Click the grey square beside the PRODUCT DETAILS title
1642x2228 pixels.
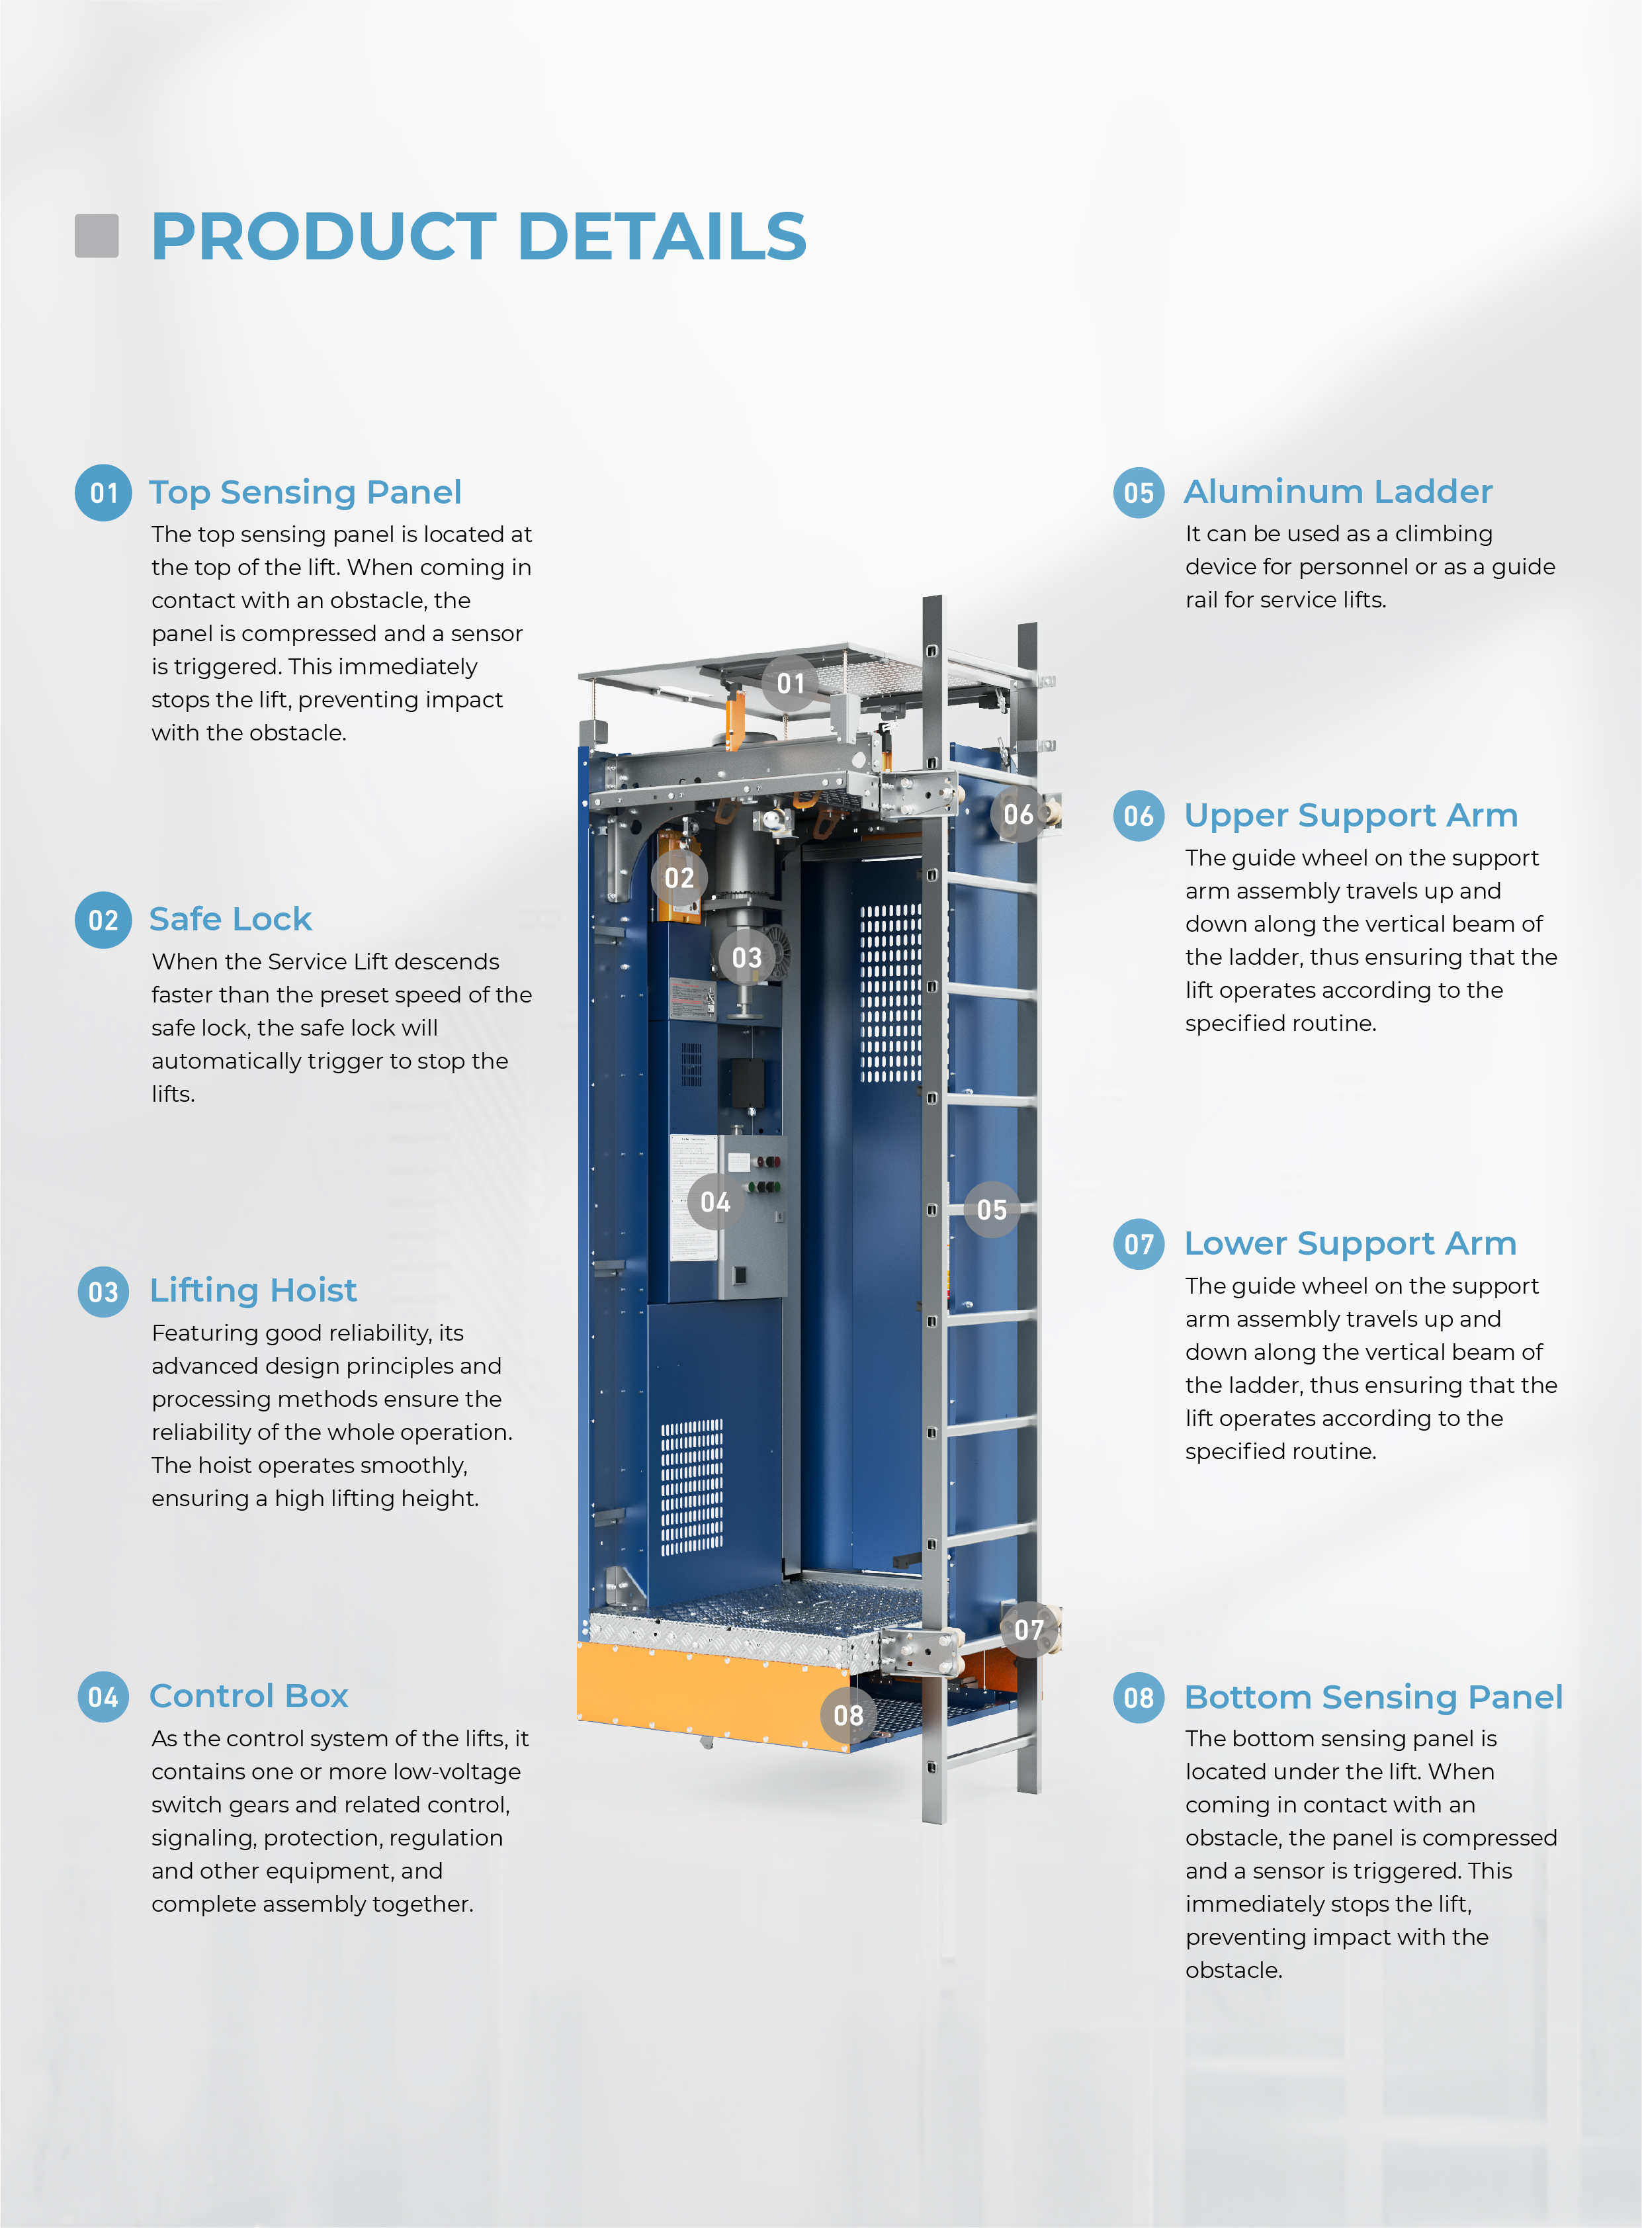click(97, 236)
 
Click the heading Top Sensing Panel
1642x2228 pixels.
click(305, 492)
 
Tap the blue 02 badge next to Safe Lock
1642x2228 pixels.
click(103, 920)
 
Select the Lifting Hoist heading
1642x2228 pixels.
click(253, 1290)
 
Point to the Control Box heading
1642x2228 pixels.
click(249, 1695)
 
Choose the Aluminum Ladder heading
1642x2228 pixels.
click(1338, 491)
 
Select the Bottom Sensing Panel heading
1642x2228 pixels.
click(1373, 1697)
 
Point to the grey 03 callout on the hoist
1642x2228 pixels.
click(746, 958)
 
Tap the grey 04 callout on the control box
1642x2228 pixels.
click(716, 1203)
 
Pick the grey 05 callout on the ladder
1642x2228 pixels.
click(992, 1210)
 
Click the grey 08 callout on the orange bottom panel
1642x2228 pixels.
click(849, 1715)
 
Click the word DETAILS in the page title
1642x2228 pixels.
click(662, 237)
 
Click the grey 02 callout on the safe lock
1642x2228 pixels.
click(680, 878)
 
